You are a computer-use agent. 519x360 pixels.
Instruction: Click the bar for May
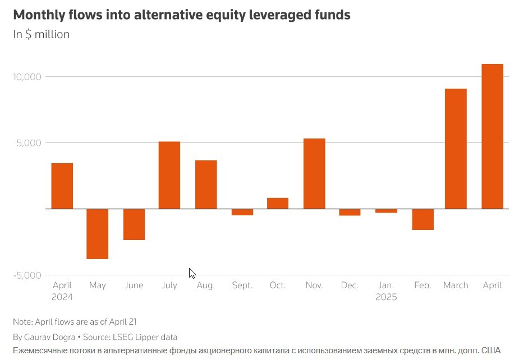click(97, 233)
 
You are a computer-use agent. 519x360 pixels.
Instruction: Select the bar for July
click(169, 175)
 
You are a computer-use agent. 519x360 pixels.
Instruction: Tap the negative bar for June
click(134, 224)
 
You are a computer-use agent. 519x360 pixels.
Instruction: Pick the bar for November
click(314, 173)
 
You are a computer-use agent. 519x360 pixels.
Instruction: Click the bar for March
click(456, 149)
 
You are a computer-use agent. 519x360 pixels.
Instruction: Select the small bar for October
click(278, 203)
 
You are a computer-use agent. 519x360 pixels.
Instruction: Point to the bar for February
click(422, 219)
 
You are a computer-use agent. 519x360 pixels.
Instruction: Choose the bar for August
click(206, 184)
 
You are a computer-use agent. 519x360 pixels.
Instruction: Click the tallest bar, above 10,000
click(492, 136)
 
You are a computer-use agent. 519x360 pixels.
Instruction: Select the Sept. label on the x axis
click(242, 285)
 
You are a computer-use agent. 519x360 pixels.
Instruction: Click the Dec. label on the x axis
click(350, 285)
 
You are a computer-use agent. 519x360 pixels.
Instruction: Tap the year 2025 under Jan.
click(386, 297)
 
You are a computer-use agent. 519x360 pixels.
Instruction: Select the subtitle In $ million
click(42, 34)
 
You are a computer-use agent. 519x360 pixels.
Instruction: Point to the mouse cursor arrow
click(192, 273)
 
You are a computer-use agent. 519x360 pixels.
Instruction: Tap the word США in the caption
click(490, 350)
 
